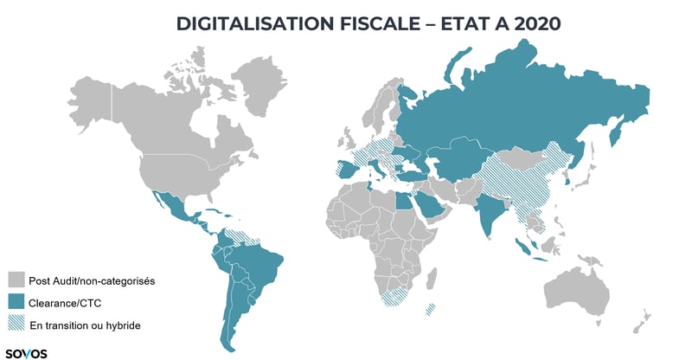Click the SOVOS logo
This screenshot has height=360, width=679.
[x=26, y=352]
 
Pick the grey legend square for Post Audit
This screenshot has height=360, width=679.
[x=16, y=280]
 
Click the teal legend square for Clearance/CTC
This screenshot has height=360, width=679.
[x=16, y=302]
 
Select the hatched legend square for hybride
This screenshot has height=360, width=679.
[x=16, y=325]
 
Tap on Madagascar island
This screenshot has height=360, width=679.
[x=430, y=309]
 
